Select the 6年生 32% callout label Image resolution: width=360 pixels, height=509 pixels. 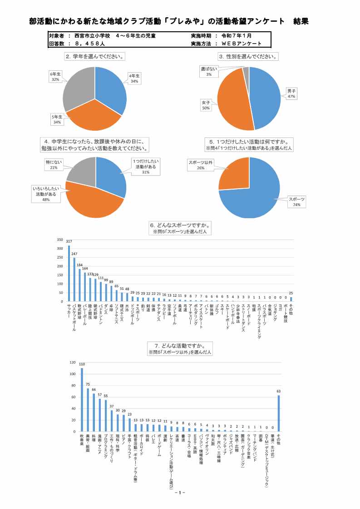click(x=55, y=76)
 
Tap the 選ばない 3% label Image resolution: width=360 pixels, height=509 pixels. click(x=209, y=71)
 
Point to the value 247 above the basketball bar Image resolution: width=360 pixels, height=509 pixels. click(x=74, y=254)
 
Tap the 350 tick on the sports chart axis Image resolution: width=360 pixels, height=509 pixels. click(x=59, y=240)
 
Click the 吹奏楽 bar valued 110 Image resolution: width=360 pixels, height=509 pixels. click(x=82, y=400)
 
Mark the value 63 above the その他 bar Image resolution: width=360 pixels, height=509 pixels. click(x=279, y=391)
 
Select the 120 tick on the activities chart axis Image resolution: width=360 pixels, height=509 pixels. click(x=59, y=363)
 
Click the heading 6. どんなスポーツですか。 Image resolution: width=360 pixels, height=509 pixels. click(x=180, y=225)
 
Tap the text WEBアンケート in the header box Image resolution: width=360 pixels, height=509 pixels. click(x=241, y=44)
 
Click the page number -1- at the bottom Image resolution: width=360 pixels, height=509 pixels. click(x=180, y=493)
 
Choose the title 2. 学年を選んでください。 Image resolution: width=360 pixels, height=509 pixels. click(x=95, y=57)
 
